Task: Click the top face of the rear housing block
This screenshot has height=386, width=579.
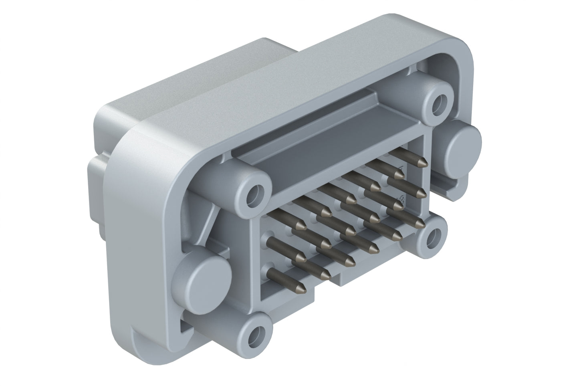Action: [180, 80]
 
